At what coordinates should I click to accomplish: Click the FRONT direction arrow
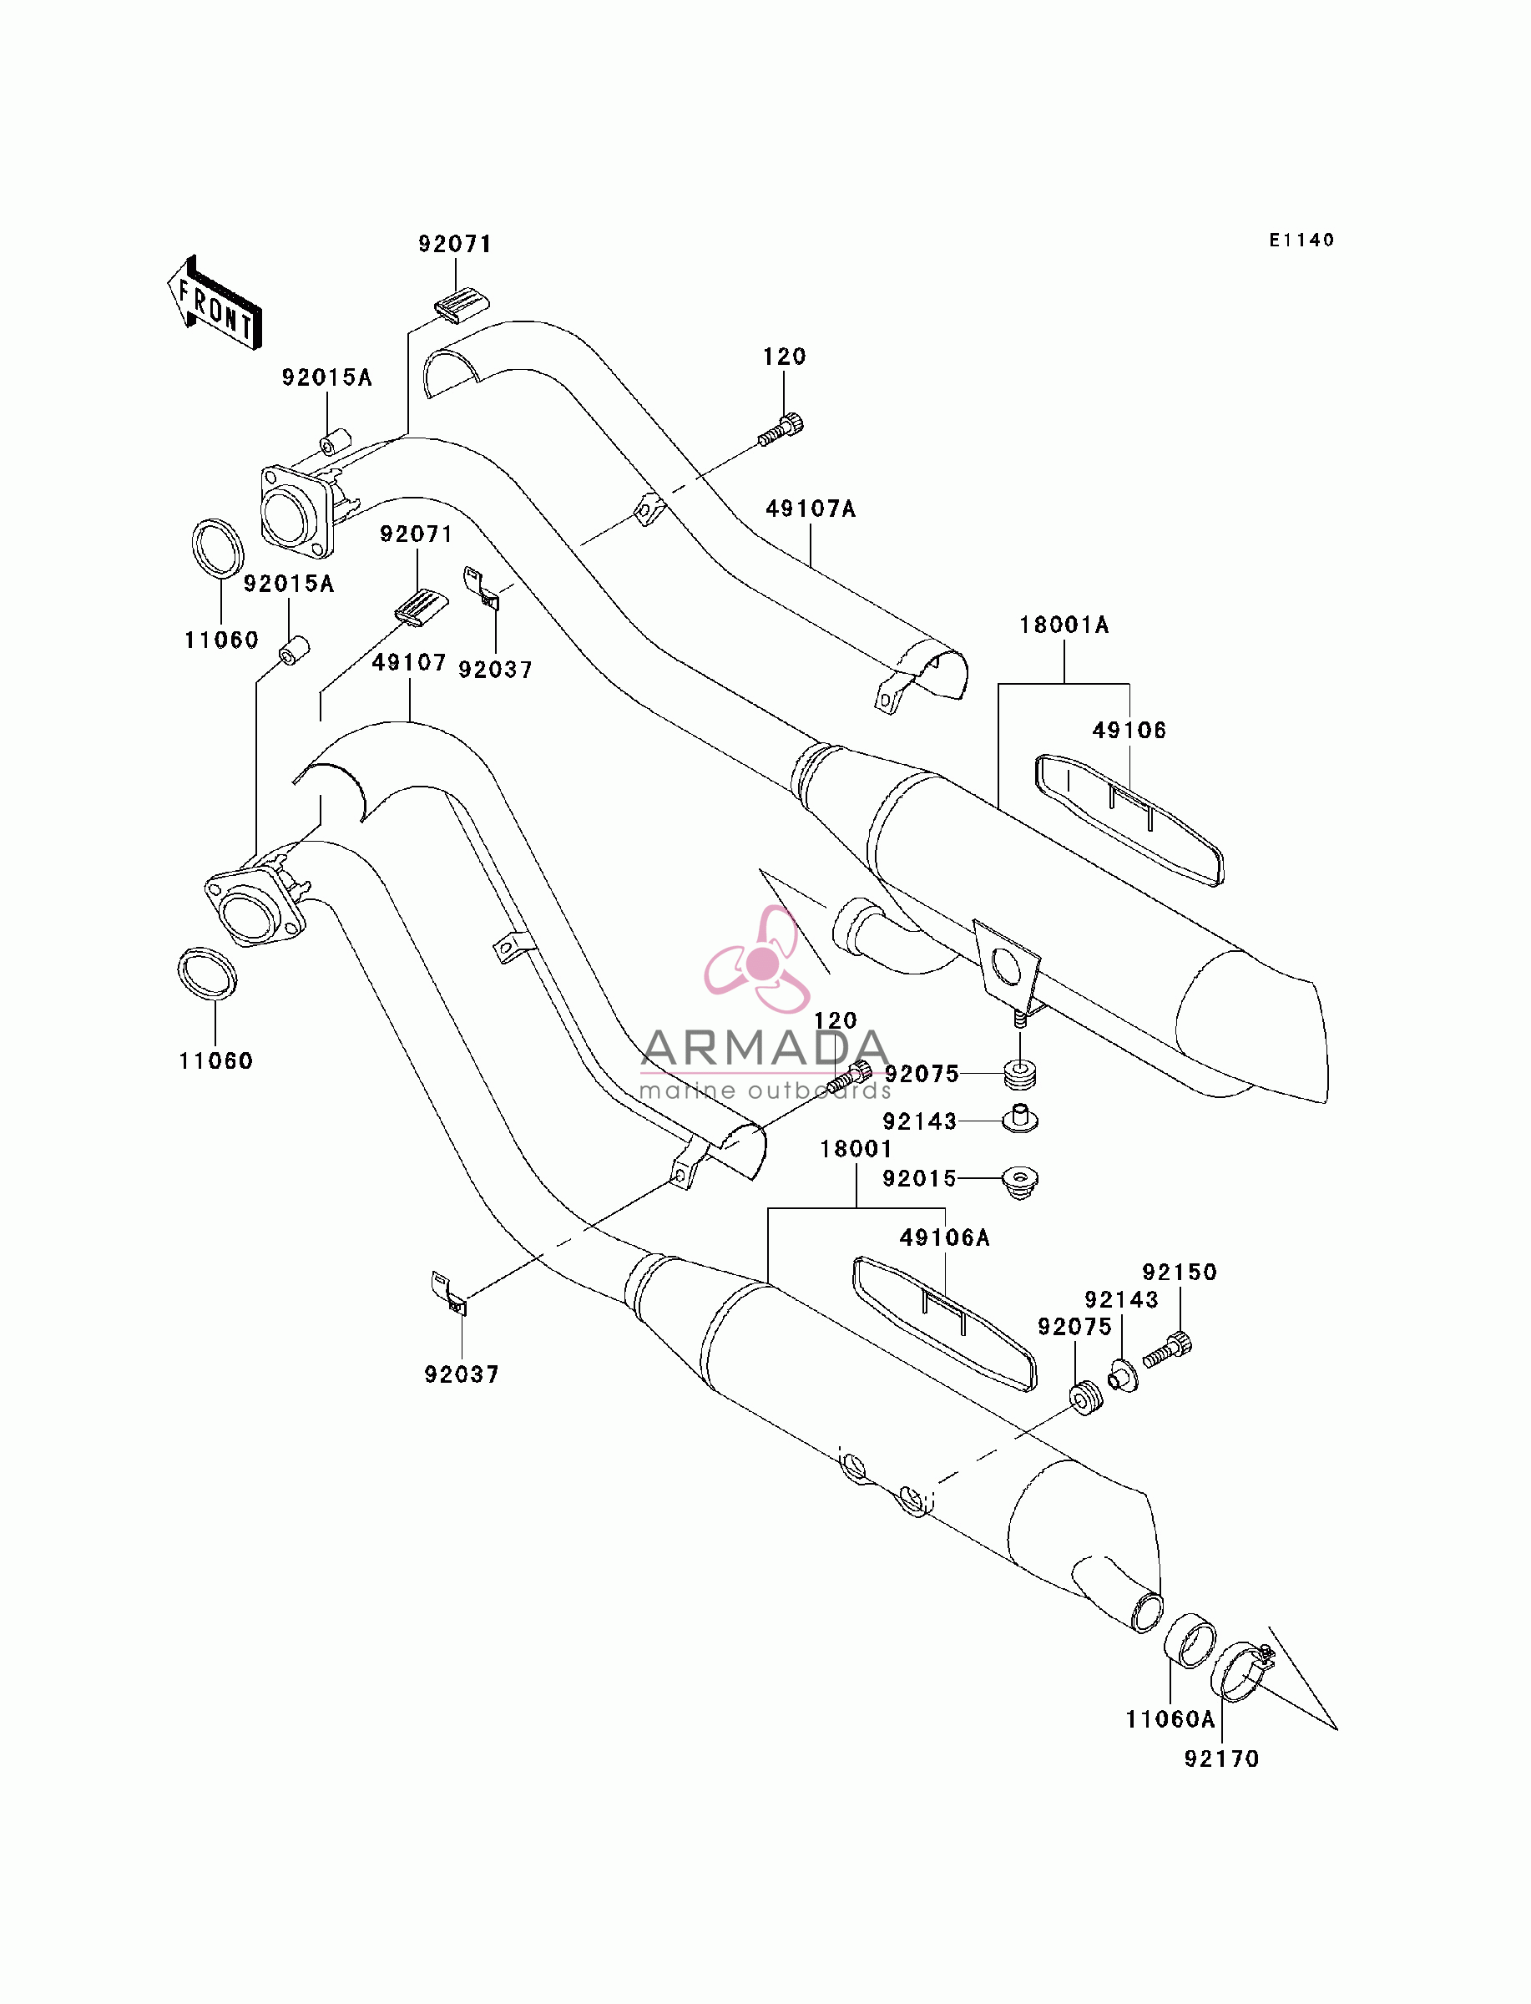point(215,303)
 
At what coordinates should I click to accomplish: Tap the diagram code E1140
point(1301,240)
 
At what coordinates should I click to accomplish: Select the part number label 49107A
point(810,509)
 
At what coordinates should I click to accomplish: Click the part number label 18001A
point(1064,625)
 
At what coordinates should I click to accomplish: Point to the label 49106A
point(944,1237)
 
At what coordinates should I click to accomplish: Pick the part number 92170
point(1221,1758)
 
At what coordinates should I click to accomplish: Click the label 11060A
point(1170,1718)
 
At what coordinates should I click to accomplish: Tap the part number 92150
point(1180,1272)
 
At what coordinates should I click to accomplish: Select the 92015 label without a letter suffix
point(919,1178)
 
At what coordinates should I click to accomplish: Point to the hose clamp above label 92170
point(1242,1669)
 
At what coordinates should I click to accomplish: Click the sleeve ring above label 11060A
point(1190,1641)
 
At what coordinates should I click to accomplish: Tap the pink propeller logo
point(758,960)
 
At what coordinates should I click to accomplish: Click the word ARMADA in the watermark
point(765,1048)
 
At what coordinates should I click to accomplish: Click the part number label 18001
point(856,1148)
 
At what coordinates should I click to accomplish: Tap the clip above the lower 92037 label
point(448,1293)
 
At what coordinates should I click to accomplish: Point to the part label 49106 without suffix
point(1129,729)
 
